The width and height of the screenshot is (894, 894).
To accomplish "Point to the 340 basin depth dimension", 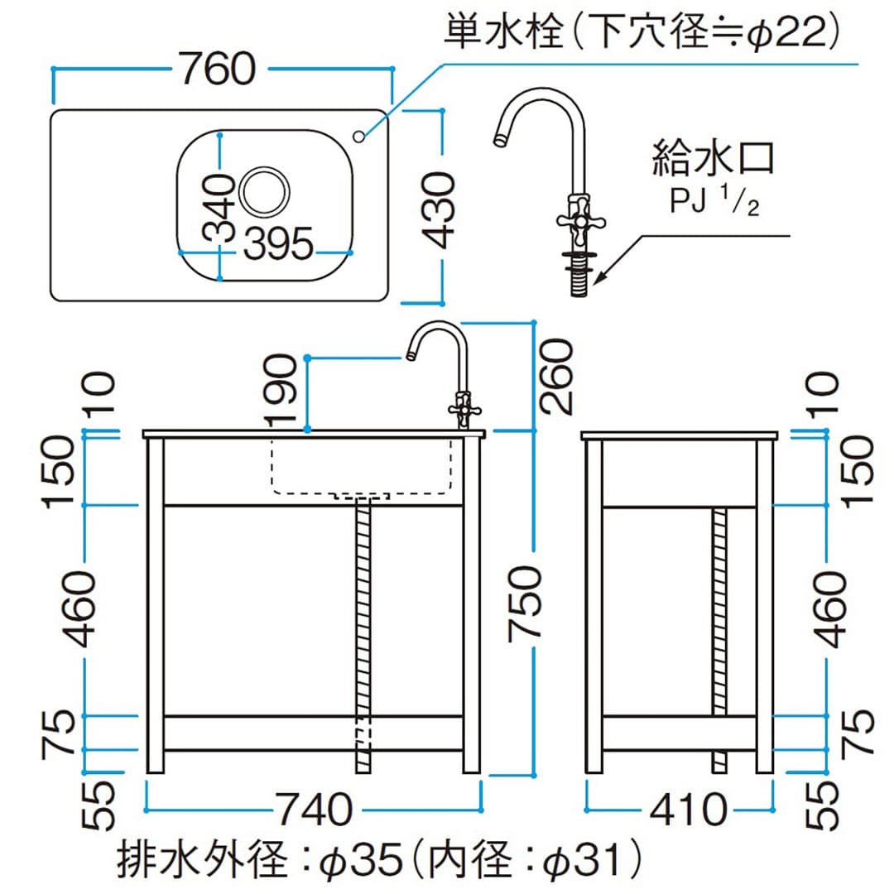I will pos(218,208).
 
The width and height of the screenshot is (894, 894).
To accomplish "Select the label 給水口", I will pos(713,157).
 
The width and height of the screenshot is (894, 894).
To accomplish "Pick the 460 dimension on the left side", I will pos(84,609).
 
